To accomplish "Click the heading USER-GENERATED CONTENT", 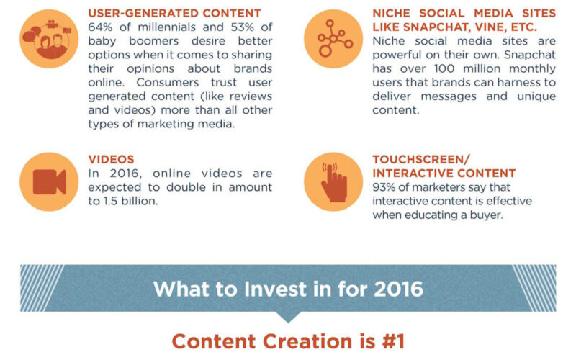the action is click(174, 13).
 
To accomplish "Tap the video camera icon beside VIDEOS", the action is click(49, 182).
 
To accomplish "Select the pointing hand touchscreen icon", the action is click(333, 183).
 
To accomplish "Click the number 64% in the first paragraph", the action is click(100, 27).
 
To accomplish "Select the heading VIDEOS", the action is click(111, 159).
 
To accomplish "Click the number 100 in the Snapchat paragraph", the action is click(444, 68).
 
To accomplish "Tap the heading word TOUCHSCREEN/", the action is click(421, 159).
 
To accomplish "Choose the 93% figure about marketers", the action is click(384, 187).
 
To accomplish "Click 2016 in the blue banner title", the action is click(399, 289).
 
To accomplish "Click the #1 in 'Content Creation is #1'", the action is click(393, 341).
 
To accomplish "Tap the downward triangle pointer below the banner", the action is click(288, 317).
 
